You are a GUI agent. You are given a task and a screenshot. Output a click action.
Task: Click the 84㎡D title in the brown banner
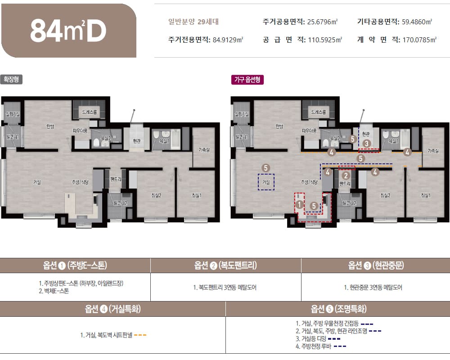(68, 31)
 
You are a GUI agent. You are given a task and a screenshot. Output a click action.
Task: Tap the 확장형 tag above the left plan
(11, 80)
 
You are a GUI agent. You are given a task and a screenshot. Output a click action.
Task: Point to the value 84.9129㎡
(227, 40)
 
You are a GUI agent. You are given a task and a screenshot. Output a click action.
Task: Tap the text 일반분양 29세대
(193, 22)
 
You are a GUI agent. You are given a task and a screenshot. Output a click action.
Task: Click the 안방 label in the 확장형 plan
(49, 126)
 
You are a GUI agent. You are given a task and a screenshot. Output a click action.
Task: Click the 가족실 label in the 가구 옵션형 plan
(433, 150)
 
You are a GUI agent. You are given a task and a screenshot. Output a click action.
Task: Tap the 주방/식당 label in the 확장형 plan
(80, 182)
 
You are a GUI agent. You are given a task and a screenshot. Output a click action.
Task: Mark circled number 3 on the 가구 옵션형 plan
(367, 144)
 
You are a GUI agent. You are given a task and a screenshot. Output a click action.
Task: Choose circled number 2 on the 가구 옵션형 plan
(346, 175)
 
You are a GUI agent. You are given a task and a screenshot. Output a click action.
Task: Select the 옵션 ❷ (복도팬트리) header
(225, 265)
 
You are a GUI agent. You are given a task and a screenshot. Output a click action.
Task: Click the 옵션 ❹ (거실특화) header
(113, 309)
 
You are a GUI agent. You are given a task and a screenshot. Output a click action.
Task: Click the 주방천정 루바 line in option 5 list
(316, 346)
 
